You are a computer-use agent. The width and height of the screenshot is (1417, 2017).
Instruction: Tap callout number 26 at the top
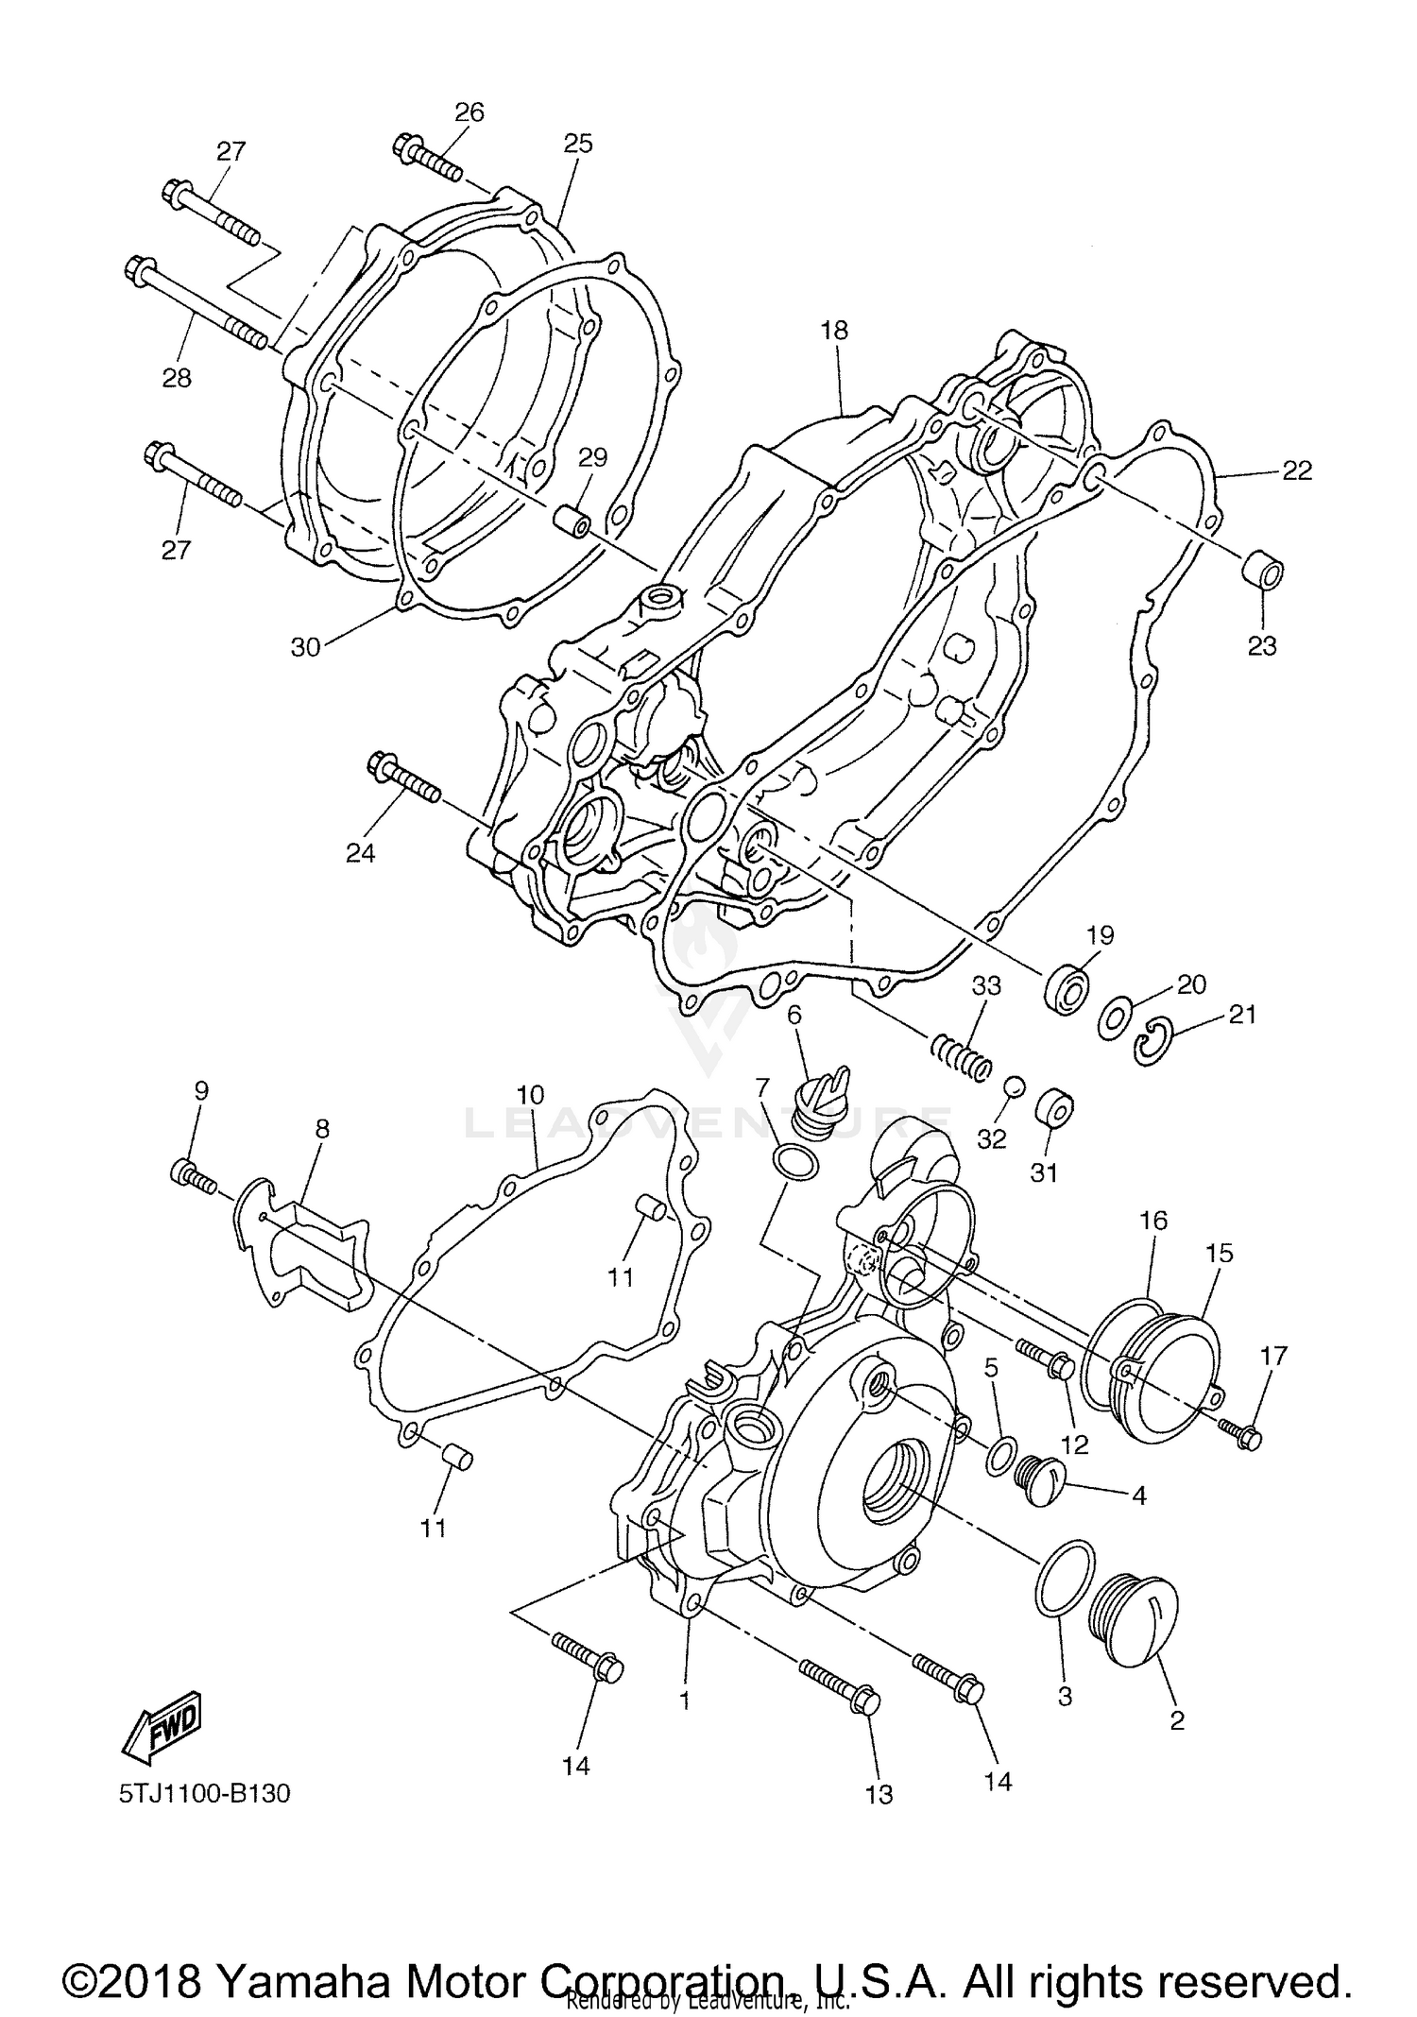pos(469,112)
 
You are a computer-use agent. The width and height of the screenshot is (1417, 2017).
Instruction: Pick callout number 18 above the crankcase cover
pos(834,331)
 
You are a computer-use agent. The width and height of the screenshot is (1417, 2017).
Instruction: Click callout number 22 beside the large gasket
pos(1297,470)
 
